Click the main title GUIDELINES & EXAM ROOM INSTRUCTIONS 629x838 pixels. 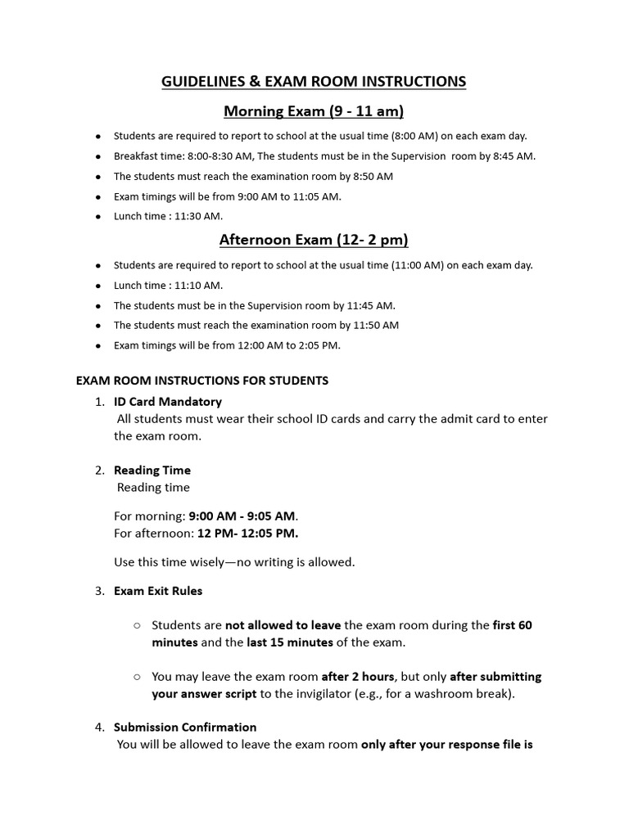click(314, 81)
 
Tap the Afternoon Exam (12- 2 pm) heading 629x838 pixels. click(314, 240)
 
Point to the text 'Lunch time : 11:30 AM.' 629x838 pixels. click(168, 216)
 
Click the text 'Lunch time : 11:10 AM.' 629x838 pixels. click(168, 286)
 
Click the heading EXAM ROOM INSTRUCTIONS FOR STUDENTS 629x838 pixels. click(202, 381)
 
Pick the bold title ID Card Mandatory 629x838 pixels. click(167, 402)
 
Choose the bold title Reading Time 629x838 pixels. click(152, 470)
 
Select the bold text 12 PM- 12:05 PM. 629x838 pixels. click(248, 534)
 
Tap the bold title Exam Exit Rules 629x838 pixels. click(157, 590)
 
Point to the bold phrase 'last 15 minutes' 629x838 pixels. click(290, 642)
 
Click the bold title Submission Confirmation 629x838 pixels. click(185, 727)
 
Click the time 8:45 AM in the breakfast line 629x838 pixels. click(513, 155)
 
